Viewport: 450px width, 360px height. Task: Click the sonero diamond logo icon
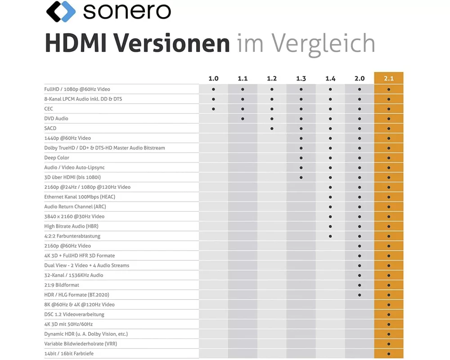(x=61, y=12)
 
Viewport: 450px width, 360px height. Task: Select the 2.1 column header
(x=389, y=78)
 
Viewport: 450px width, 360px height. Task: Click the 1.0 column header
(x=213, y=78)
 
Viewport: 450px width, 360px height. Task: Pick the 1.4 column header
(x=330, y=78)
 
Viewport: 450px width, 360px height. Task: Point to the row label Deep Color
(x=56, y=157)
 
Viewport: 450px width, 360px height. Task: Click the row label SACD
(x=50, y=128)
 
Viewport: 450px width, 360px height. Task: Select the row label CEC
(x=49, y=108)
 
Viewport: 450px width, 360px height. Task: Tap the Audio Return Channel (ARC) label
(x=75, y=207)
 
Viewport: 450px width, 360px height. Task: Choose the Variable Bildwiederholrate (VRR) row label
(x=81, y=344)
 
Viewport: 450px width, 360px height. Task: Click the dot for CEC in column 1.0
(x=213, y=108)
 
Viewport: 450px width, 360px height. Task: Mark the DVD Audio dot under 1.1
(x=243, y=118)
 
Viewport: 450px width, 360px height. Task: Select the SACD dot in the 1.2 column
(x=272, y=128)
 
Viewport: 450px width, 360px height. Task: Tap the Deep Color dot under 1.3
(x=301, y=157)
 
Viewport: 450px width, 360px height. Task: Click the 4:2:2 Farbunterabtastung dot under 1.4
(x=330, y=236)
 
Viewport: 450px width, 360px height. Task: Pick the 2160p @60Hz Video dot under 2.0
(x=360, y=246)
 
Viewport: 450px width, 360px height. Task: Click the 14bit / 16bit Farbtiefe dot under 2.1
(x=389, y=354)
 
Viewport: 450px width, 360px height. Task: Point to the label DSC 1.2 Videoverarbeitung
(x=74, y=314)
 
